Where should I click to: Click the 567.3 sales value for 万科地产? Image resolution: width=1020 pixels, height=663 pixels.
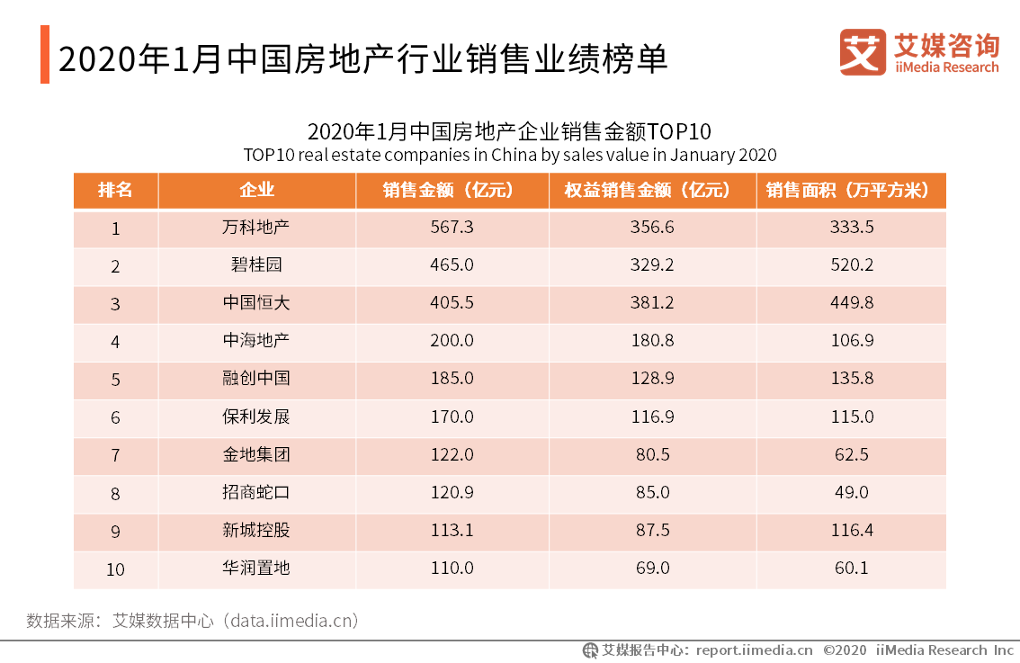(x=452, y=228)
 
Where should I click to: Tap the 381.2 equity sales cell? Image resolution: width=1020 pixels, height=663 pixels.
(x=652, y=303)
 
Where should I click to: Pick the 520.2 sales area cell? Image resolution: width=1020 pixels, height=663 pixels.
(x=852, y=265)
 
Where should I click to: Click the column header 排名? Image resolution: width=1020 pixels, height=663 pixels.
(x=115, y=190)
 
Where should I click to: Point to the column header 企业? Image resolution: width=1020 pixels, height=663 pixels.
(x=256, y=190)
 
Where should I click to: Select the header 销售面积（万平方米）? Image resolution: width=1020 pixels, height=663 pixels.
(x=851, y=190)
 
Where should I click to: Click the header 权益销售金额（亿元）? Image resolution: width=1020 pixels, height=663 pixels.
(x=652, y=190)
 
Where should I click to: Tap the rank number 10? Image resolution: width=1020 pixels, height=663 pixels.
(x=115, y=569)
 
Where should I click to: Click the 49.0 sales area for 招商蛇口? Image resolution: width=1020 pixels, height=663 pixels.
(x=852, y=492)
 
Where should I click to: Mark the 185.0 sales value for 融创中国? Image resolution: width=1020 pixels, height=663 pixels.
(x=452, y=379)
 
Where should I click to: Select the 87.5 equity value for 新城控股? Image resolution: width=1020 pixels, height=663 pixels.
(x=652, y=530)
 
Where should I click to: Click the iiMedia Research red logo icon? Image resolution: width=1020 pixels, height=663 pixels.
(x=863, y=53)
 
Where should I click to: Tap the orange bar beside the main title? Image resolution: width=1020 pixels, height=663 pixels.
(x=44, y=55)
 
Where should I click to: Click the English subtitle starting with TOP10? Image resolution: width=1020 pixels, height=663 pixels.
(x=509, y=154)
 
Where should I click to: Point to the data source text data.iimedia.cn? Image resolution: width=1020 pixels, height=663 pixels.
(x=291, y=621)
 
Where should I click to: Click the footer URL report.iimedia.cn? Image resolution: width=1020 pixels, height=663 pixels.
(x=754, y=650)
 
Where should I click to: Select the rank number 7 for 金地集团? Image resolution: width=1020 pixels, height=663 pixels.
(x=115, y=455)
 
